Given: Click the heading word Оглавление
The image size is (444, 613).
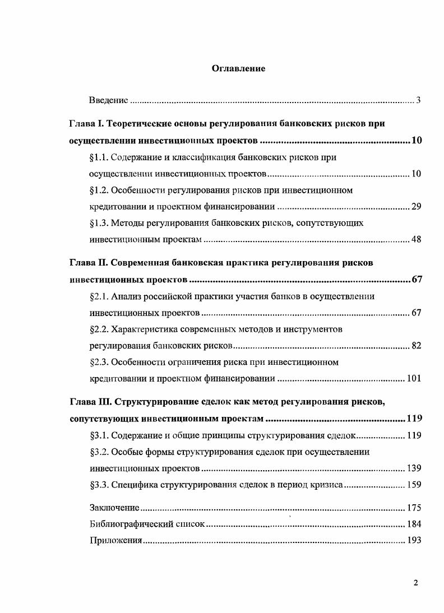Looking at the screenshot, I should click(x=238, y=68).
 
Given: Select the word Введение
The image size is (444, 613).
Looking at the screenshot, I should click(x=109, y=101).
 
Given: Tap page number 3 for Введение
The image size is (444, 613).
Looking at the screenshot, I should click(x=418, y=101).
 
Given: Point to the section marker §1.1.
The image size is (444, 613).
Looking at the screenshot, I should click(x=99, y=157).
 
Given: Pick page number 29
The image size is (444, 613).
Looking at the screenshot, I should click(x=416, y=207).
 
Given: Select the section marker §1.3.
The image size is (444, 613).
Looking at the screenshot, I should click(x=99, y=223).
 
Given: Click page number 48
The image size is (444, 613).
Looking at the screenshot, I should click(x=416, y=240).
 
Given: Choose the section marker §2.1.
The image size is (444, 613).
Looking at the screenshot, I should click(x=99, y=296).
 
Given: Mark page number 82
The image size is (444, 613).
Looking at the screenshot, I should click(x=416, y=346).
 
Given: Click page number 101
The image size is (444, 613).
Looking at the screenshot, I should click(x=414, y=379).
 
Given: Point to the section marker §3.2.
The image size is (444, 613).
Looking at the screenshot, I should click(x=99, y=452).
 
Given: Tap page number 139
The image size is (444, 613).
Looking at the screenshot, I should click(x=414, y=468).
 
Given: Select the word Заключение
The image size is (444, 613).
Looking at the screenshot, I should click(x=114, y=508).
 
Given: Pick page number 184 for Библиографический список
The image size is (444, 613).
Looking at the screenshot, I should click(x=414, y=525).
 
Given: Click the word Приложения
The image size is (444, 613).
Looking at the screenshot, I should click(x=115, y=542).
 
